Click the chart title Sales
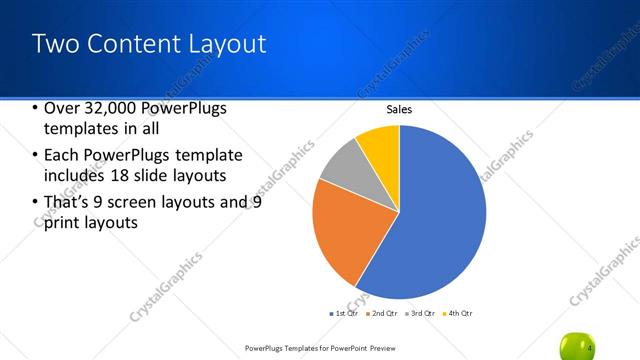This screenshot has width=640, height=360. point(399,110)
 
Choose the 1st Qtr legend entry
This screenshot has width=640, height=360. point(344,313)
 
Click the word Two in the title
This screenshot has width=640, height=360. point(56,44)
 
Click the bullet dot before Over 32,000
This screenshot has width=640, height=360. point(35,109)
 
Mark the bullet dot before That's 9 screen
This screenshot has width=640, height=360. point(35,203)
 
